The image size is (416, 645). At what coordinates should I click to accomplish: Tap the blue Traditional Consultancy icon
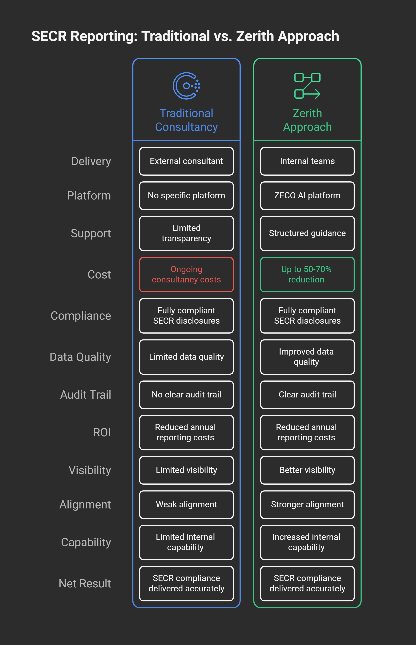point(186,86)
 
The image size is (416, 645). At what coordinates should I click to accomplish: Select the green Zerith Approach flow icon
point(307,86)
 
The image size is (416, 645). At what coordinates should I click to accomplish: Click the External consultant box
point(186,161)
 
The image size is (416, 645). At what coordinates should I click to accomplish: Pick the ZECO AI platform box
point(307,195)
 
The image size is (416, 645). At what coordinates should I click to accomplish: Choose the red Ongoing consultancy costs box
point(186,274)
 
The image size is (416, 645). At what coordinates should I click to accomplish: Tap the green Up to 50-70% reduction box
point(307,274)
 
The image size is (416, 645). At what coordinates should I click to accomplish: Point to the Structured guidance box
point(307,233)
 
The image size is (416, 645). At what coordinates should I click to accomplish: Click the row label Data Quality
point(80,357)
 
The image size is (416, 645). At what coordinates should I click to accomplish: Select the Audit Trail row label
point(85,395)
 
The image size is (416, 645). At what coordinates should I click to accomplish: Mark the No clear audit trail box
point(186,395)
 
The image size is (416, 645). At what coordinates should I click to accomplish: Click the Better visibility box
point(307,470)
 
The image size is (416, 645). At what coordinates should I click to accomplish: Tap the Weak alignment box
point(186,504)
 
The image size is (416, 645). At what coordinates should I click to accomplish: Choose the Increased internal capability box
point(307,542)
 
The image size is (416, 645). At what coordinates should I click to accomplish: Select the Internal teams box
point(307,161)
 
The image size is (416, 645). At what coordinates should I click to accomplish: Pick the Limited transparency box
point(186,233)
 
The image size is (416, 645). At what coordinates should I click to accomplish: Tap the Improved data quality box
point(307,357)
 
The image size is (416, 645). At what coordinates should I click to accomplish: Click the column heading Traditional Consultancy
point(186,120)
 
